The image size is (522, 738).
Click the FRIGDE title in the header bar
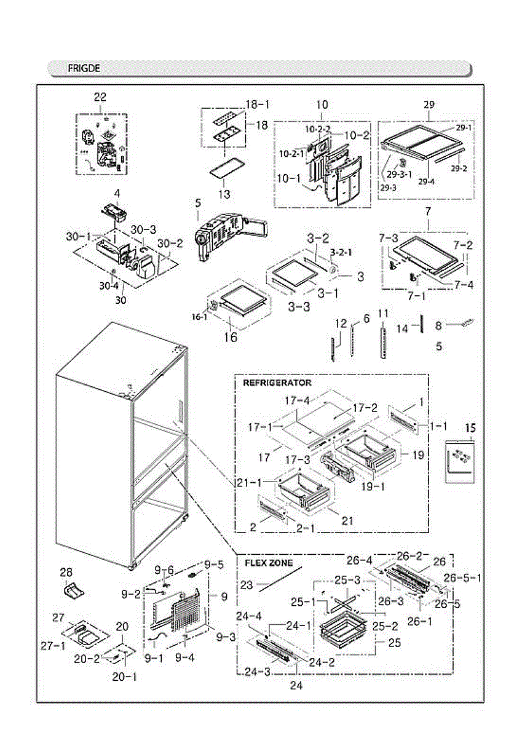84,68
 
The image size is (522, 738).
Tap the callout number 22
100,97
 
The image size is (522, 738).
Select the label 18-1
258,105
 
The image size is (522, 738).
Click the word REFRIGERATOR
277,383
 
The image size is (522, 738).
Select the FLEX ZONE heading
269,563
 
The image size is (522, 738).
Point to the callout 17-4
298,400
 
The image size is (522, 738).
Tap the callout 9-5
214,564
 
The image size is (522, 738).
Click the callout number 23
246,586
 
